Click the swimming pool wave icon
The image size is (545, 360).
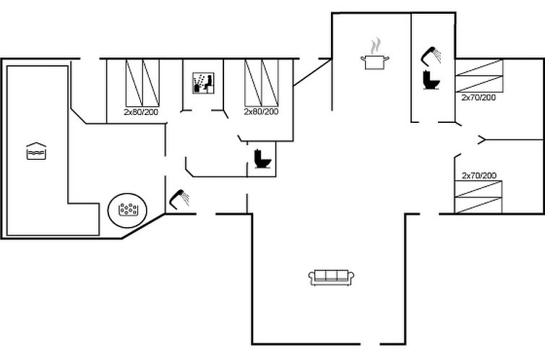[36, 151]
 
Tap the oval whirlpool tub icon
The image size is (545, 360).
[129, 210]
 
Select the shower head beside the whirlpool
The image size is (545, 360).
[179, 197]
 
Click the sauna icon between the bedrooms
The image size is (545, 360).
[202, 83]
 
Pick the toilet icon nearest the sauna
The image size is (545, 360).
[261, 159]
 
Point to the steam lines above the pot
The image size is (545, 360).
[374, 46]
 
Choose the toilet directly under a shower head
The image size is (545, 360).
[432, 79]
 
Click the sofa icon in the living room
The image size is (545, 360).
[332, 276]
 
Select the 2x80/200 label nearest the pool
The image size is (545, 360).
[141, 112]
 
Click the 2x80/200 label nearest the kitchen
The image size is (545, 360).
[261, 112]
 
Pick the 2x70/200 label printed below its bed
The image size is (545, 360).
[479, 97]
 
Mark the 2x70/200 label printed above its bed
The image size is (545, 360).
[479, 176]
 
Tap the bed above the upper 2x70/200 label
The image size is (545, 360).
[478, 77]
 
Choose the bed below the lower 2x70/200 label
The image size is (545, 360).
[478, 197]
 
